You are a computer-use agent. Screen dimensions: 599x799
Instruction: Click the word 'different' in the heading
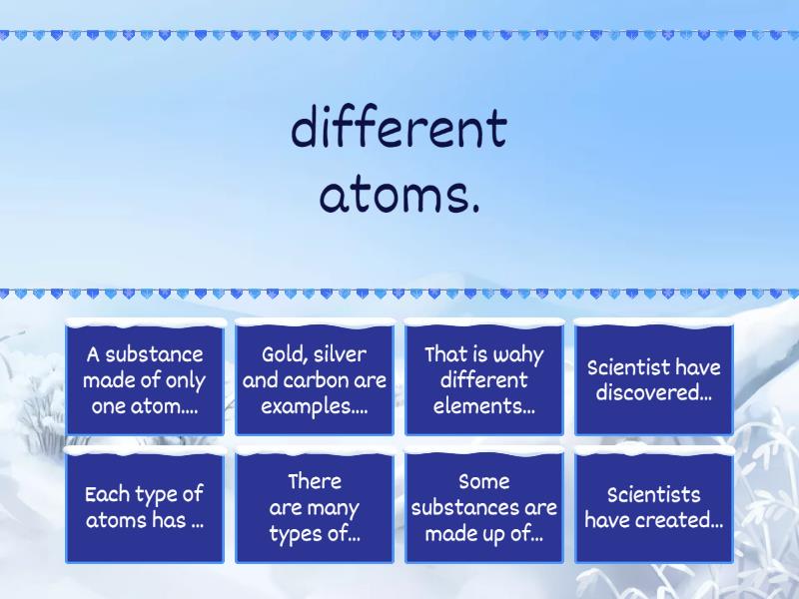[x=399, y=130]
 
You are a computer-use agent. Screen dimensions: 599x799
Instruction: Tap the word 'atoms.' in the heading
[x=399, y=196]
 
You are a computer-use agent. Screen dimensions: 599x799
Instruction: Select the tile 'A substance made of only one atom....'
[x=145, y=379]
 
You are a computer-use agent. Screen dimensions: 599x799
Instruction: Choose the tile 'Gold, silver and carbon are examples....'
[x=315, y=379]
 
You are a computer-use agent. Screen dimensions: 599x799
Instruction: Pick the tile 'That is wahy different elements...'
[x=484, y=379]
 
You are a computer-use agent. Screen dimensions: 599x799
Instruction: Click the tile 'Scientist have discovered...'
[x=654, y=379]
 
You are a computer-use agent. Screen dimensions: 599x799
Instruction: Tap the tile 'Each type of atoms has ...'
[x=145, y=507]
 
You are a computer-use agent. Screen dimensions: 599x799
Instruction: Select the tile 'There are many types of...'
[x=315, y=507]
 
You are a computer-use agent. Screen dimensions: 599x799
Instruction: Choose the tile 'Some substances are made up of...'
[x=484, y=507]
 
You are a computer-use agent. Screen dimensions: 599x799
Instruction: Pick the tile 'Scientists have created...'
[x=654, y=507]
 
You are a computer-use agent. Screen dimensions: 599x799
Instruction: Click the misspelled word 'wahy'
[x=520, y=354]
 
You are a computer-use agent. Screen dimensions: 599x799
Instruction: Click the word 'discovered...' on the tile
[x=654, y=393]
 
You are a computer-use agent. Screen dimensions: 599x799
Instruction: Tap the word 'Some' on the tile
[x=484, y=481]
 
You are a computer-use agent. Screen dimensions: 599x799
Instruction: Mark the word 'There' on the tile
[x=315, y=481]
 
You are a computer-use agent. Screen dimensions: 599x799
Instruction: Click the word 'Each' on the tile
[x=107, y=494]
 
